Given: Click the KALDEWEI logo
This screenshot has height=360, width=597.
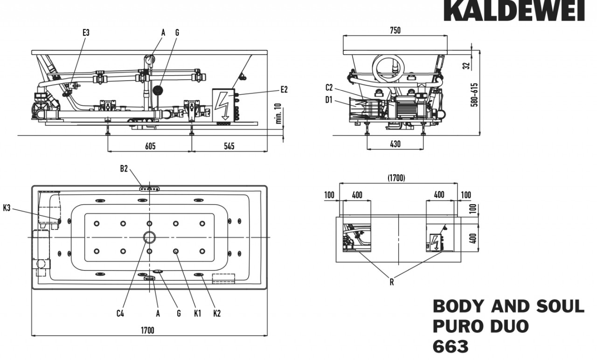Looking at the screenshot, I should (x=514, y=10).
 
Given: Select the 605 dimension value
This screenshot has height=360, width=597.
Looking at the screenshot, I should (x=150, y=146).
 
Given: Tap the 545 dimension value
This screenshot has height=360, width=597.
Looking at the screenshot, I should (x=229, y=146).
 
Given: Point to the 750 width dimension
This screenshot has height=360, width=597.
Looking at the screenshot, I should (x=395, y=31).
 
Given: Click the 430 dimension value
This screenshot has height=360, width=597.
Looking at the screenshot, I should (x=395, y=144).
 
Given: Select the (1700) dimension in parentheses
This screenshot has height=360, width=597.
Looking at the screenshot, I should (x=396, y=178).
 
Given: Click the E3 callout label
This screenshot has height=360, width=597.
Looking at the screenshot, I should (x=86, y=33).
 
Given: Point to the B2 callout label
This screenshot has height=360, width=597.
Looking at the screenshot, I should (x=124, y=169).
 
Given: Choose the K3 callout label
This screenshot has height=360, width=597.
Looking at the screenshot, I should (x=7, y=208).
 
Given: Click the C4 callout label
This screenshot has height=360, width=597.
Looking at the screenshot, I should (x=120, y=313).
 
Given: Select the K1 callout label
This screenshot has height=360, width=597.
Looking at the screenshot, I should (x=197, y=313).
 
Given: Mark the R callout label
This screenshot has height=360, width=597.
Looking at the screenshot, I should (x=392, y=282).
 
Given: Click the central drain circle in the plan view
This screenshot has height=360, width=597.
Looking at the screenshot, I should (x=149, y=237).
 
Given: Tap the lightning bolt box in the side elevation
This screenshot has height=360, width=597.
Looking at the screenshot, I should (x=223, y=105).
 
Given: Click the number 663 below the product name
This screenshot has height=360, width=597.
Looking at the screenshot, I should (x=451, y=346).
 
